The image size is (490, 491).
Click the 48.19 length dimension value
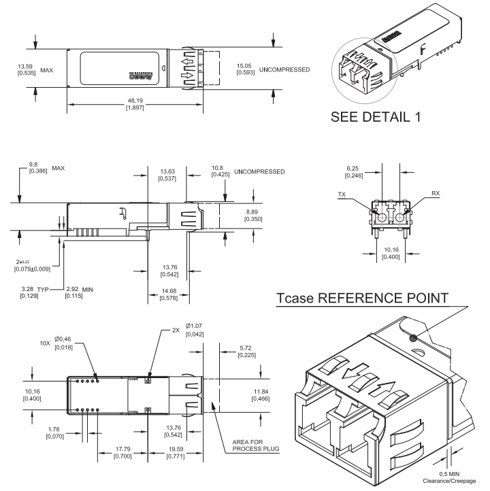(x=133, y=101)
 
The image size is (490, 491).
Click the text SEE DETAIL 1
(x=375, y=116)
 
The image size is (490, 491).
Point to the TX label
(x=342, y=194)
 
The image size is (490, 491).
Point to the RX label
(x=435, y=194)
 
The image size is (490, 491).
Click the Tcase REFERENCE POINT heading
(x=362, y=298)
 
